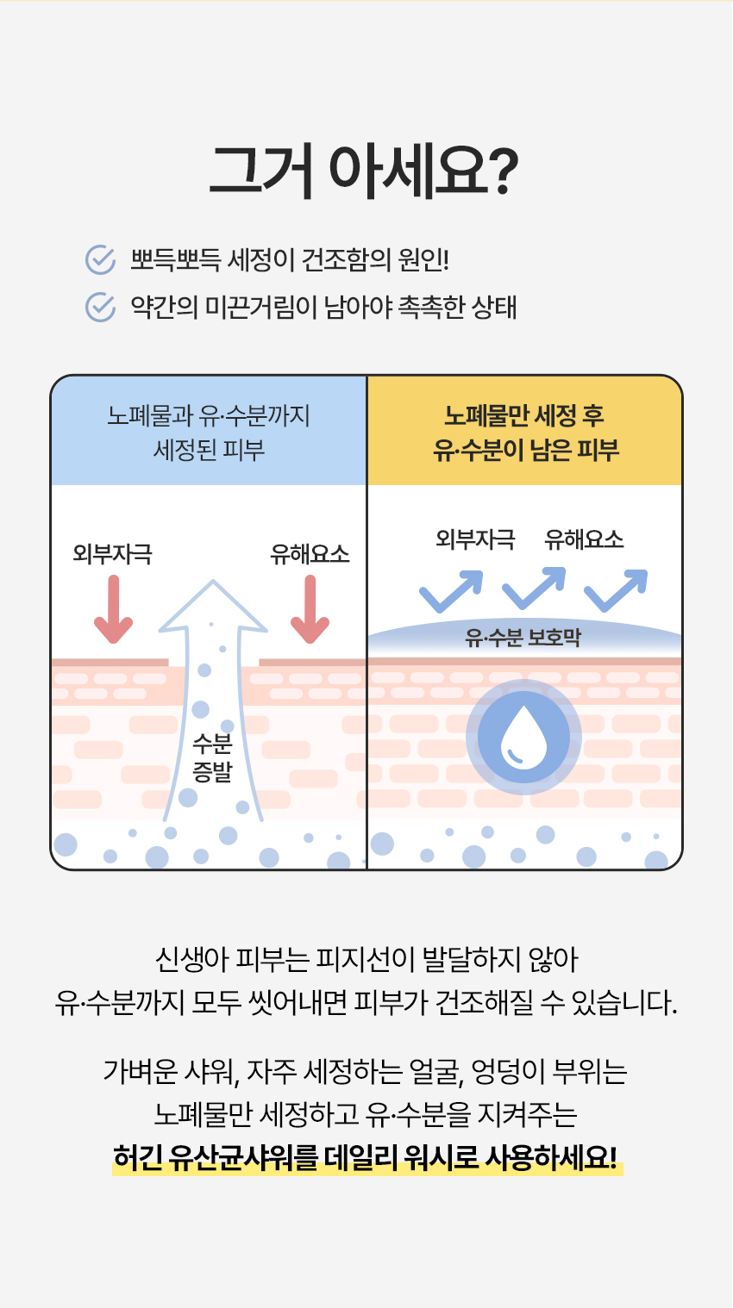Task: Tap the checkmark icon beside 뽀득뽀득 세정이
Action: tap(100, 259)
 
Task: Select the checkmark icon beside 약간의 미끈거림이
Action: tap(100, 307)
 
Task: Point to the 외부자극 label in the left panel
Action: tap(112, 554)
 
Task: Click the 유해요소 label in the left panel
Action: tap(310, 554)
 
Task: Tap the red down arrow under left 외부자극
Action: tap(113, 609)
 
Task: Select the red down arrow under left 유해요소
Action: tap(310, 609)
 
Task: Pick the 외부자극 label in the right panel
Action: tap(475, 539)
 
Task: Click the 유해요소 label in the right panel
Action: tap(584, 539)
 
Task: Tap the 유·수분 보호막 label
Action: tap(523, 638)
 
